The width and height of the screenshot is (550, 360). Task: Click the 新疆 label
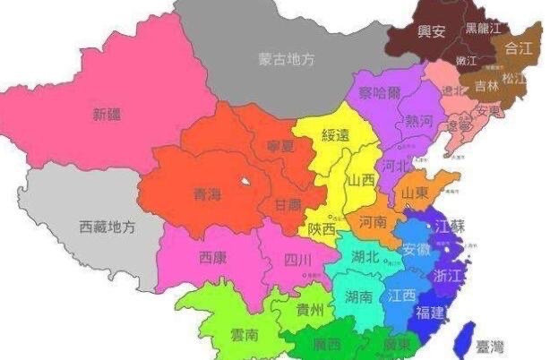click(x=107, y=114)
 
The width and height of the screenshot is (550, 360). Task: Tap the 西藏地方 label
click(x=107, y=227)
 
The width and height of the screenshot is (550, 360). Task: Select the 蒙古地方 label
click(x=286, y=60)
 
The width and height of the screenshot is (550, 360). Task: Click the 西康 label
click(x=212, y=258)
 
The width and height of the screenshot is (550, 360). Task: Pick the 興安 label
click(x=432, y=31)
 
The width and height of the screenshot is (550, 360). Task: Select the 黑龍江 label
click(x=484, y=28)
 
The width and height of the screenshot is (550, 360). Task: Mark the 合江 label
click(x=519, y=48)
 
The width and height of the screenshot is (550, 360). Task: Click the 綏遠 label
click(x=338, y=135)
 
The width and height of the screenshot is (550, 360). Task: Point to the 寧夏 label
click(x=280, y=145)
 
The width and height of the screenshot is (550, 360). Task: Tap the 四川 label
click(x=297, y=261)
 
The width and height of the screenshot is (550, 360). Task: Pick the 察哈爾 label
click(x=379, y=92)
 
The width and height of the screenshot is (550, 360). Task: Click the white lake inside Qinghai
click(x=243, y=184)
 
